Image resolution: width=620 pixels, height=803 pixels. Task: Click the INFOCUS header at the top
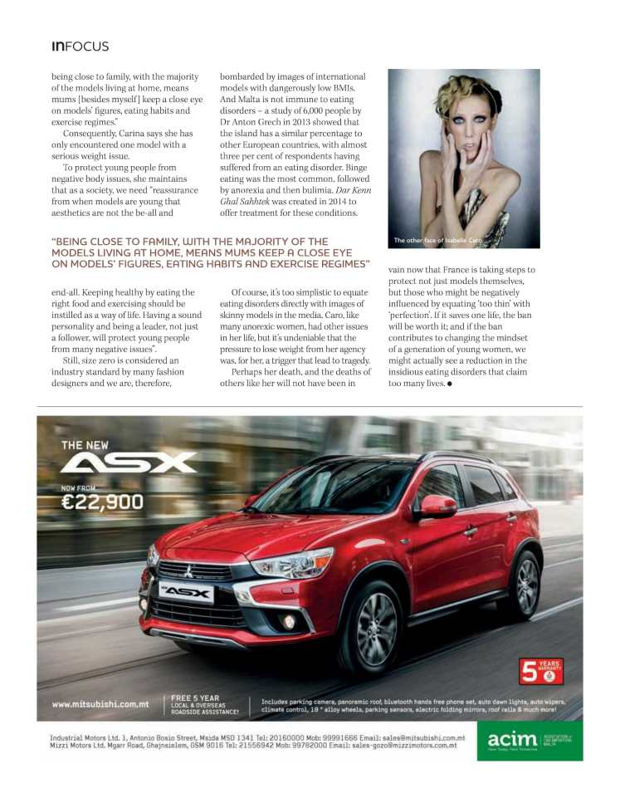click(x=80, y=46)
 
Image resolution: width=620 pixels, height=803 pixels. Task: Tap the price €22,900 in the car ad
click(x=102, y=502)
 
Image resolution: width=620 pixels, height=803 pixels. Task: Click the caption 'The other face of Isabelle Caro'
click(x=437, y=241)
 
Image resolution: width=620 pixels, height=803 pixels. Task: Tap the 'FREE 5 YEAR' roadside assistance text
click(x=196, y=698)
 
